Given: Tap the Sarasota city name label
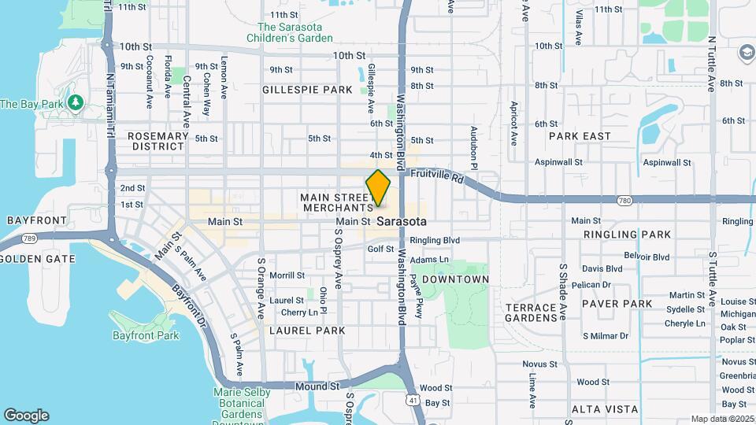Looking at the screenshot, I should pos(402,222).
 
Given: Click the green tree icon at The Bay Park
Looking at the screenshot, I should pos(76,103).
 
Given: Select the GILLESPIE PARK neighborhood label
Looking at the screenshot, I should pos(307,90).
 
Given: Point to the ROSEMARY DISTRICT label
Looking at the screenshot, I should pos(158,141).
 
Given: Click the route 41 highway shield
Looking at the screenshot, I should pos(413,401).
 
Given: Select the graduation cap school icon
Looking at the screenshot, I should pos(745,53).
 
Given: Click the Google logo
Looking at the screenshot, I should pos(26,416).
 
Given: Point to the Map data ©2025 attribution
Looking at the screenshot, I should pos(722,419).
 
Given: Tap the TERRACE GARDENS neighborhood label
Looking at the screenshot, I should pos(532,312).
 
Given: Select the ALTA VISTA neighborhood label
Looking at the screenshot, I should pos(605,409).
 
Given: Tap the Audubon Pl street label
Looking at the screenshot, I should pos(474,148).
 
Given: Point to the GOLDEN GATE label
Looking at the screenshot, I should pos(38,259).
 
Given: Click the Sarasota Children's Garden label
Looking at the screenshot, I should pos(289,32).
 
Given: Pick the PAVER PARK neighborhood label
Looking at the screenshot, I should pos(617,303).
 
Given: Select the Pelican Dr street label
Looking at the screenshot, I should pos(596,285).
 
